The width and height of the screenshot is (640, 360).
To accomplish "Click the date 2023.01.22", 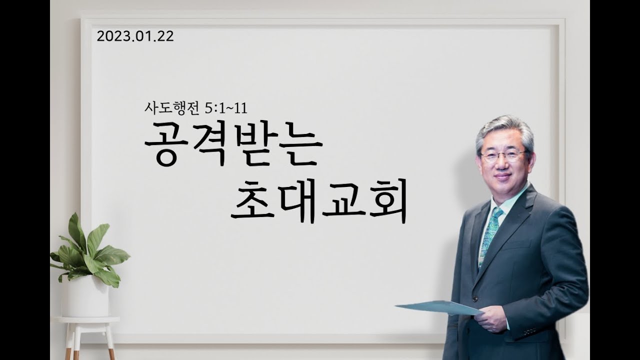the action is pos(135,36).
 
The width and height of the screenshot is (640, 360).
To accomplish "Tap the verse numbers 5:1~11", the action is pos(226,108).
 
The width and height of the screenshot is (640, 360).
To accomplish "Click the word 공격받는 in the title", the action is pos(233,145).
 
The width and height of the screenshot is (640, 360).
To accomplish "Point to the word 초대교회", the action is pos(318,201).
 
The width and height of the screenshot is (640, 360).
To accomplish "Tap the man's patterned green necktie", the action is pos(491,235).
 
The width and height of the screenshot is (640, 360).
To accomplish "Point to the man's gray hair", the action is pos(504,132).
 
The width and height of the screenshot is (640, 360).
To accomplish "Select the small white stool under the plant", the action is pos(87,337).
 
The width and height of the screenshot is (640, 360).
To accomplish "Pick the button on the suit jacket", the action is pos(475,298).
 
